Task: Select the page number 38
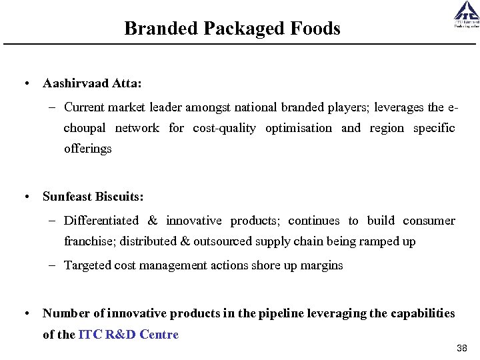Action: tap(462, 349)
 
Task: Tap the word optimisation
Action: tap(298, 128)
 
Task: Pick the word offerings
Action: tap(88, 149)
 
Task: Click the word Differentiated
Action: tap(101, 221)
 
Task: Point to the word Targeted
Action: tap(88, 265)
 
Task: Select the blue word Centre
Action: tap(160, 335)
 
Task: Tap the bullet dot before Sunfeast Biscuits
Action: tap(25, 197)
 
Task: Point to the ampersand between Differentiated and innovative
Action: tap(153, 221)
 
